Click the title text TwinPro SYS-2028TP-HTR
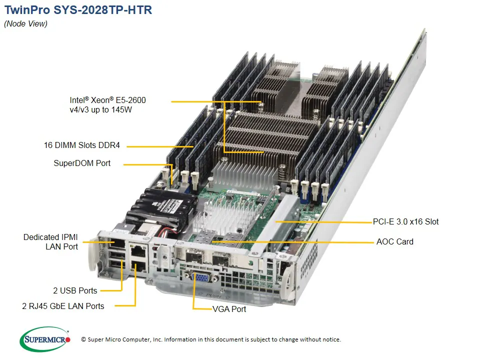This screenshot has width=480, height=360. pyautogui.click(x=78, y=10)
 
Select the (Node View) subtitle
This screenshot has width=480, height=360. pyautogui.click(x=25, y=24)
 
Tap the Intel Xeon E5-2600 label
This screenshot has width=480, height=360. pyautogui.click(x=107, y=105)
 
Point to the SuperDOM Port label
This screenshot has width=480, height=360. pyautogui.click(x=82, y=163)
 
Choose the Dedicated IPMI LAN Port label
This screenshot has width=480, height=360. pyautogui.click(x=50, y=241)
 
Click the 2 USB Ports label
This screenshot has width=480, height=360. pyautogui.click(x=75, y=290)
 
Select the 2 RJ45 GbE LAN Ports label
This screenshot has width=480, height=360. pyautogui.click(x=63, y=306)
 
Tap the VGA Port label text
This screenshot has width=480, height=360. pyautogui.click(x=229, y=309)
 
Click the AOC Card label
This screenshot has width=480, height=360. pyautogui.click(x=394, y=241)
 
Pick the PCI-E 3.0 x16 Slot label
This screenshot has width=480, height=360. pyautogui.click(x=405, y=221)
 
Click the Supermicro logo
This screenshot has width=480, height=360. pyautogui.click(x=45, y=339)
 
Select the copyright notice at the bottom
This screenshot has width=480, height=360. pyautogui.click(x=210, y=339)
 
